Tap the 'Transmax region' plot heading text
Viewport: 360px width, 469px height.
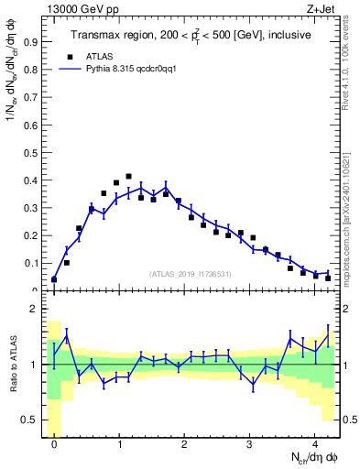pyautogui.click(x=191, y=35)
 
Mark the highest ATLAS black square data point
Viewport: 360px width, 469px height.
pyautogui.click(x=128, y=176)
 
